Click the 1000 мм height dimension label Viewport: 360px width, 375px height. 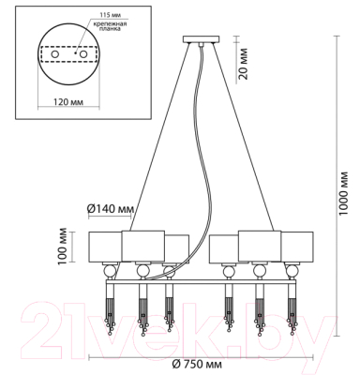coord(343,193)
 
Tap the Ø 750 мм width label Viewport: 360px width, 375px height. coord(197,364)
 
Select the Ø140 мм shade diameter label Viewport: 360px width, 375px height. coord(111,209)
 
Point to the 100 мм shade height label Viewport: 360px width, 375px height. coord(63,247)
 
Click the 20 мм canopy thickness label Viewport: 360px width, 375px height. coord(242,64)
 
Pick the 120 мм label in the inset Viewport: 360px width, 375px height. coord(68,102)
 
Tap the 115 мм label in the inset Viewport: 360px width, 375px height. coord(110,15)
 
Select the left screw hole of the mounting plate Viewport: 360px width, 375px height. coord(55,54)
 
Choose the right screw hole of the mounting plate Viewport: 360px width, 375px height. coord(83,54)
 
